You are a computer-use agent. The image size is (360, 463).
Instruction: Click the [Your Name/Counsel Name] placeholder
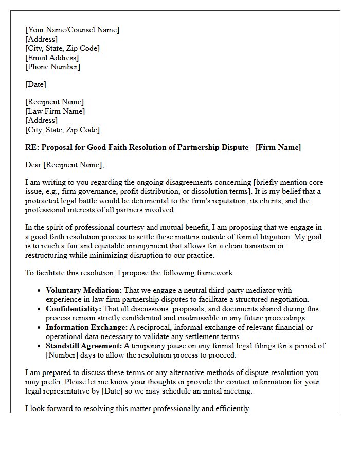coord(72,30)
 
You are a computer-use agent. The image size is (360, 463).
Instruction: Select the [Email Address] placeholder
coord(52,58)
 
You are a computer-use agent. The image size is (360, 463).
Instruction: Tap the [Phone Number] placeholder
coord(52,67)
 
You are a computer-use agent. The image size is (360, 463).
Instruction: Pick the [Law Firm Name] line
coord(55,111)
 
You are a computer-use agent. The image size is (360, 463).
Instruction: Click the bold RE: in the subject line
coord(32,147)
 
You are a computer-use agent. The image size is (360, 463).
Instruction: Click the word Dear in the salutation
coord(33,165)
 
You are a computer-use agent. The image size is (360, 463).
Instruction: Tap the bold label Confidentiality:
coord(74,309)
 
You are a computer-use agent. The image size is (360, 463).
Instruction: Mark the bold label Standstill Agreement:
coord(84,346)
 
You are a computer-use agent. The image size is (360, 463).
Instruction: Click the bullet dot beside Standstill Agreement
coord(39,346)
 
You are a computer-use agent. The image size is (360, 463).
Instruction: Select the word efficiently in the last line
coord(230,408)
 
